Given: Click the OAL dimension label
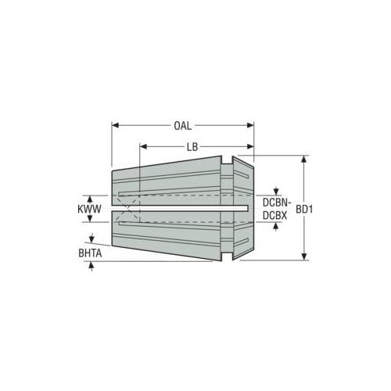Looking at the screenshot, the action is point(182,126).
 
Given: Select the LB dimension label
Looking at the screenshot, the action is point(192,147).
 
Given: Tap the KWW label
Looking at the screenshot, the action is point(89,209).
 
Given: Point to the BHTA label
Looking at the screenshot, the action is point(90,253).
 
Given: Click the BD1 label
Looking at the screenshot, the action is point(304,210).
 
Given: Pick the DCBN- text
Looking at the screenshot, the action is point(275,203).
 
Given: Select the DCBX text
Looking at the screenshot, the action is point(274,216).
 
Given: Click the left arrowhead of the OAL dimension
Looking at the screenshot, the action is point(115,126).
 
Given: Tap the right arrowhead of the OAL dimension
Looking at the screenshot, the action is point(250,126).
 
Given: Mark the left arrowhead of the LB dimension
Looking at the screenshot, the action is point(143,147).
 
